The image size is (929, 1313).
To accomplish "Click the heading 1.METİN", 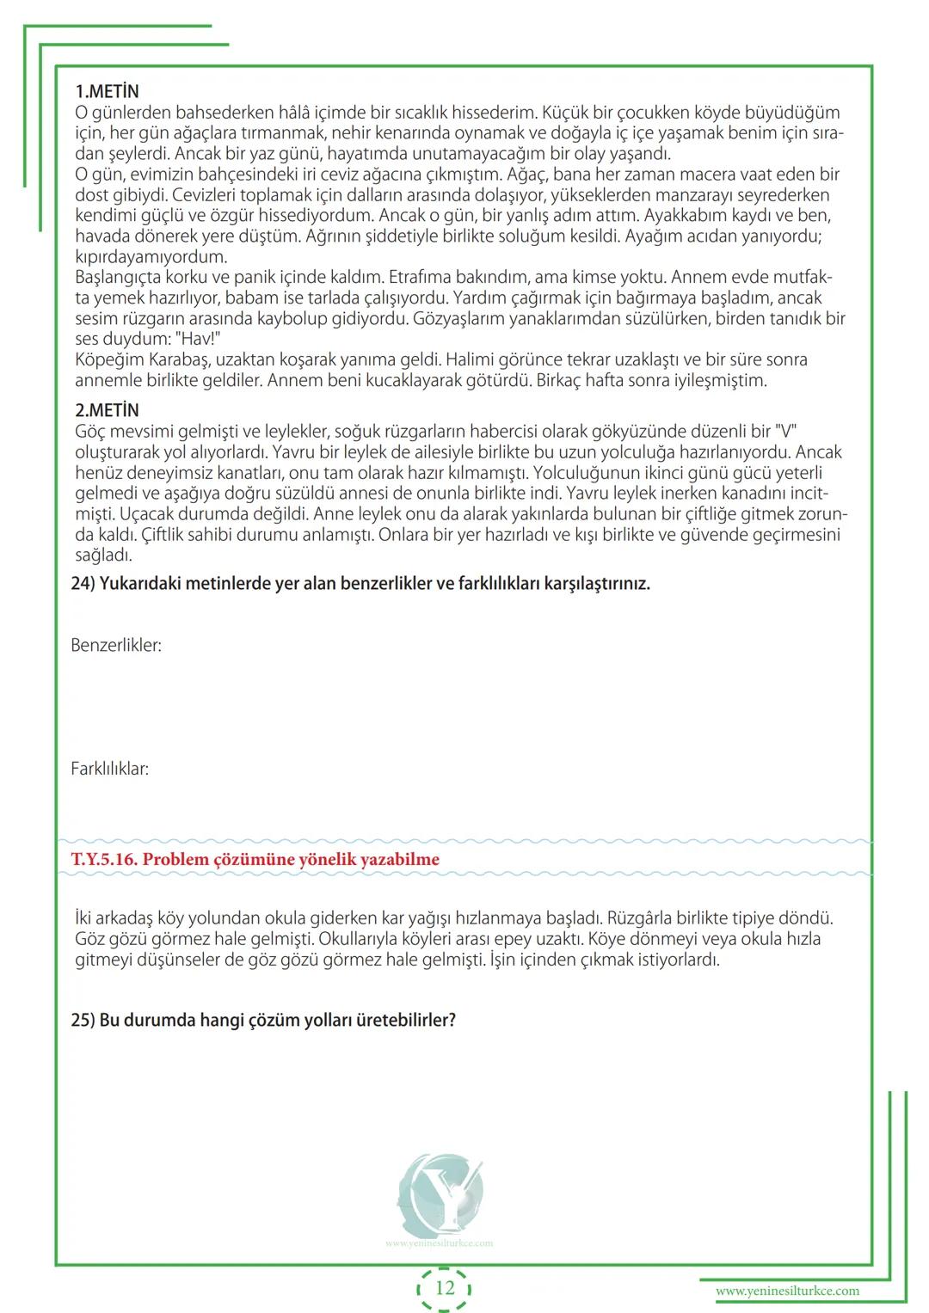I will pos(107,91).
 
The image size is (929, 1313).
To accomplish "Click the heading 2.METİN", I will pos(107,410).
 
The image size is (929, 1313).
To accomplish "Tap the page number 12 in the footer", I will pos(445,1288).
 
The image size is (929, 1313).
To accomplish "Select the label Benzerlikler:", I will pos(116,645).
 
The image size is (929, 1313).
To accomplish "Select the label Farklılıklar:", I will pos(109,769).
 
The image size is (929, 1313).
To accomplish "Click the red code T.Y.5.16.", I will pos(104,859).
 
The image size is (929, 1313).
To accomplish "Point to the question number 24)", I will pos(83,584).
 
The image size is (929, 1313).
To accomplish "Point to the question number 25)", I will pos(83,1021).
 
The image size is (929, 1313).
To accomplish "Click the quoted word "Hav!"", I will pos(200,339).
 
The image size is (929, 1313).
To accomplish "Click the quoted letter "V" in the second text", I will pos(785,432).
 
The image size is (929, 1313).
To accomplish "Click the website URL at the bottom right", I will pos(787,1291).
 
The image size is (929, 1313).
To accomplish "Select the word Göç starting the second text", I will pos(91,432).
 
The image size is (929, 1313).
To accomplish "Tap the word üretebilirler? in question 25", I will pos(405,1021).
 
